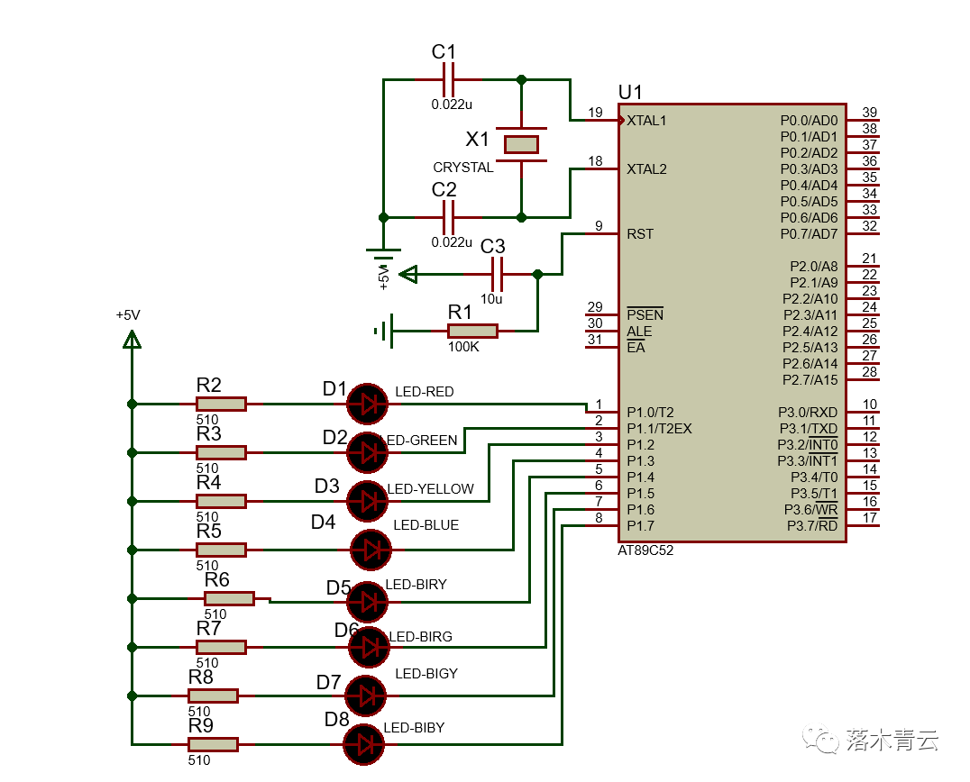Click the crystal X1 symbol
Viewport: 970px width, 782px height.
pos(521,144)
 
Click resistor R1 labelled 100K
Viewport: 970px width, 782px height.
pos(471,331)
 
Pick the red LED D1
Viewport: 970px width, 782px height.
pos(367,405)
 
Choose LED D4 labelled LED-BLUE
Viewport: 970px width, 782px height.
pos(370,550)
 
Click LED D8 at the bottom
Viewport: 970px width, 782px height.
pos(364,744)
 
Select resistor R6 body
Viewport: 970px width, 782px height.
pos(229,598)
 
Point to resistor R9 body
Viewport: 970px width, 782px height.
pos(213,744)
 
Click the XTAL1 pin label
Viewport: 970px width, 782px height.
pos(646,120)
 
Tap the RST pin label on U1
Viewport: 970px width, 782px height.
pos(640,234)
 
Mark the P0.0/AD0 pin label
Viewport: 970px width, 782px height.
pos(809,120)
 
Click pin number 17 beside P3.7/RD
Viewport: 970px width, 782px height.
pos(869,518)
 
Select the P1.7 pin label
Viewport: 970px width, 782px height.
pos(641,526)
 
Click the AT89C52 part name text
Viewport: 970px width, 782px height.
pos(645,550)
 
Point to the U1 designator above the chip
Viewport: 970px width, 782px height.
pos(631,92)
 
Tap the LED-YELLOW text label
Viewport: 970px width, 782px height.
pos(430,489)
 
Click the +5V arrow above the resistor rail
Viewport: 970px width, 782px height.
pos(132,339)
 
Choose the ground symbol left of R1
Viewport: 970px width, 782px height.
pos(384,331)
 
